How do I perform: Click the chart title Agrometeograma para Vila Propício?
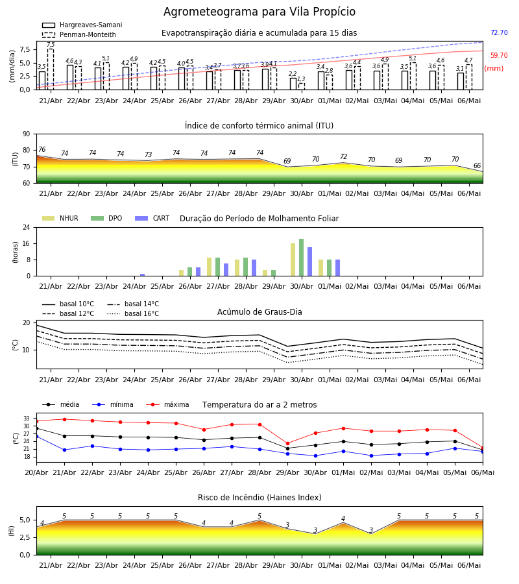[259, 12]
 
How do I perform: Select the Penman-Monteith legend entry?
[79, 34]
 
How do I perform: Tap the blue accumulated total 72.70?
[499, 33]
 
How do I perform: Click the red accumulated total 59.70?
[499, 56]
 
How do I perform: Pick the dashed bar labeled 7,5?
[51, 69]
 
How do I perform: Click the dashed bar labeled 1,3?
[302, 86]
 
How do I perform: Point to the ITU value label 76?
[42, 150]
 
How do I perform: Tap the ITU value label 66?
[477, 165]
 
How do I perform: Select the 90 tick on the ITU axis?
[27, 134]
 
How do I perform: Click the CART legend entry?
[152, 218]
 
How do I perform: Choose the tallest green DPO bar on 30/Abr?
[302, 258]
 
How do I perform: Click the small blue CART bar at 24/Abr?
[142, 275]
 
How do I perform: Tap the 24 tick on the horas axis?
[27, 227]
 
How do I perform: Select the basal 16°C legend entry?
[133, 313]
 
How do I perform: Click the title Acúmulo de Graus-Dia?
[259, 312]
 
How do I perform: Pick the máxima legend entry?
[167, 404]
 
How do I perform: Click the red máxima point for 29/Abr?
[288, 444]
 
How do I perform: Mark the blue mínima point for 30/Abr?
[316, 456]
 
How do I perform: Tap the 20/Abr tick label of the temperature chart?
[36, 472]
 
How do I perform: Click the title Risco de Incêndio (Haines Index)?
[259, 498]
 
